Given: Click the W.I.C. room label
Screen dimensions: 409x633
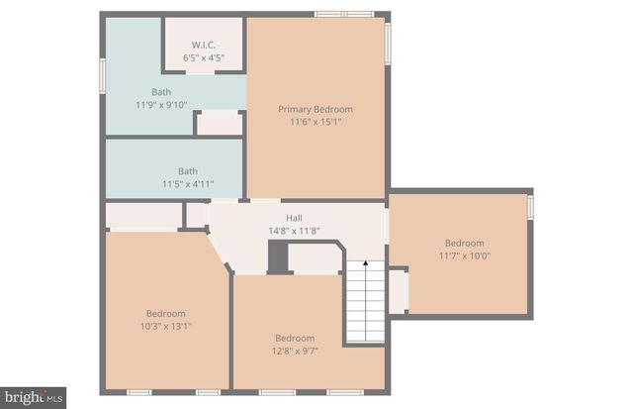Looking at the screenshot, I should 203,44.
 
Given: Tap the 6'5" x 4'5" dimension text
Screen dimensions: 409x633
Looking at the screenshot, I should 203,56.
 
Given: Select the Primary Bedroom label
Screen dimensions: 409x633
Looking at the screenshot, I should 316,109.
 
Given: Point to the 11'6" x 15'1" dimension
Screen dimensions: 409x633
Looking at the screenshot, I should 316,122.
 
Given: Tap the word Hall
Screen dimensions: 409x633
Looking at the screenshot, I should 294,218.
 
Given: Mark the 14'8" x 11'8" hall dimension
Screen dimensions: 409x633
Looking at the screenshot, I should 294,231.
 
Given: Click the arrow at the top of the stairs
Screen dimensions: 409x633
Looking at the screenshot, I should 365,264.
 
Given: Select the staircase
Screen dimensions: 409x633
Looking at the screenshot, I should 365,302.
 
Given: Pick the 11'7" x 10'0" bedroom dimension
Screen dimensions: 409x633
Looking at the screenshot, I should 464,256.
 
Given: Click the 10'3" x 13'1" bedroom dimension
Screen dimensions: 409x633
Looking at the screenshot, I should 165,326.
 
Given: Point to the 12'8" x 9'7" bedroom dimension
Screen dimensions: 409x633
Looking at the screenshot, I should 295,351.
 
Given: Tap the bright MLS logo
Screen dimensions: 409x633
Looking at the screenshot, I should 33,397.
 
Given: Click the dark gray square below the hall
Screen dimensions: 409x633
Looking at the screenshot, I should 278,257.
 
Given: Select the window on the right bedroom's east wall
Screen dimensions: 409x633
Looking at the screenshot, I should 530,207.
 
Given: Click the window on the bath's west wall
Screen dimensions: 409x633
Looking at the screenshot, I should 102,76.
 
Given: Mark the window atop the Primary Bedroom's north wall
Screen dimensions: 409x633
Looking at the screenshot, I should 344,14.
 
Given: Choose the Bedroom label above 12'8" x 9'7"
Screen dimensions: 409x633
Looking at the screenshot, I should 295,338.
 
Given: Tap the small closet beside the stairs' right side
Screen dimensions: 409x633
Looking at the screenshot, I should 398,291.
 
